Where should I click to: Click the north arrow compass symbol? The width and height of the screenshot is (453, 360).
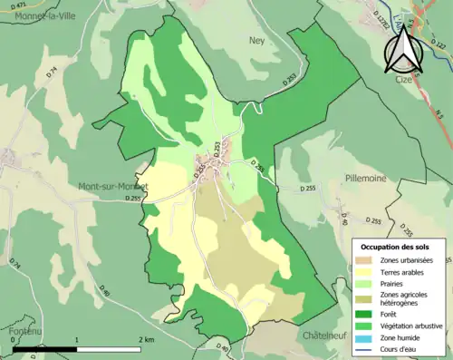(x=401, y=48)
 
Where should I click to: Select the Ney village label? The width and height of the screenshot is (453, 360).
(x=256, y=40)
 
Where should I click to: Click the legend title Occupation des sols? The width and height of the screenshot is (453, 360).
(x=397, y=247)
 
